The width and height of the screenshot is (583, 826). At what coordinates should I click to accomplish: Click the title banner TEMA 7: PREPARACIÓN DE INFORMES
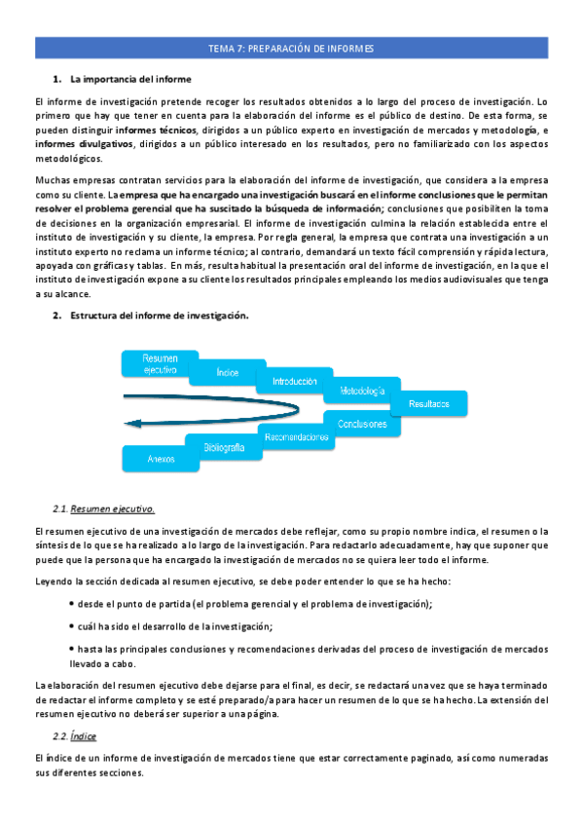coord(291,48)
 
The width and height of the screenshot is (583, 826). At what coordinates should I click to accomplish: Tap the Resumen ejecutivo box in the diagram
coord(160,363)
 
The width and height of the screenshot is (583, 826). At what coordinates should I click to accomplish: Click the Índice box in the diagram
coord(228,373)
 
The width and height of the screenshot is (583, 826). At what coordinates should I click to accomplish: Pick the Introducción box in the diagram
coord(295,382)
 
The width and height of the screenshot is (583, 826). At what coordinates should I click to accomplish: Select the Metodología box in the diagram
coord(362,392)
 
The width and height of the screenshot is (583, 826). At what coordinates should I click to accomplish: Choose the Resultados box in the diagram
coord(429,402)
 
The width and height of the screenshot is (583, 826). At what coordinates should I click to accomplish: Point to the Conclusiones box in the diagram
coord(362,425)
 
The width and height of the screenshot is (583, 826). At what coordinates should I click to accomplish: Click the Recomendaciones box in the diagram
coord(295,437)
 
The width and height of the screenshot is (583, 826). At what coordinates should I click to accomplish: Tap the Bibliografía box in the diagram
coord(223,447)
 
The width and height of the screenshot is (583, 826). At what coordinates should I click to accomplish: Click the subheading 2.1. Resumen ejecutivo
coord(103,509)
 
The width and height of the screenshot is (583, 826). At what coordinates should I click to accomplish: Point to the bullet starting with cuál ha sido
coord(175,626)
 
